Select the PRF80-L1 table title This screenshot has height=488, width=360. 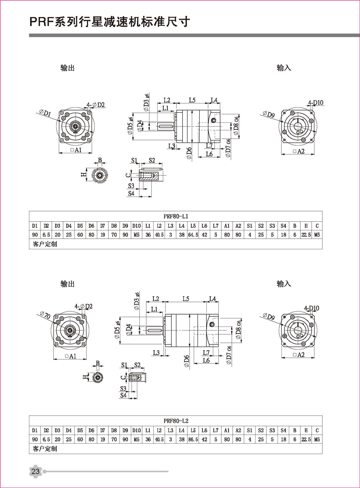[x=175, y=215]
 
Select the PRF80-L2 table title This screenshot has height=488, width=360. [x=175, y=420]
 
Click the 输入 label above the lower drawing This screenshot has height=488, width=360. [x=284, y=284]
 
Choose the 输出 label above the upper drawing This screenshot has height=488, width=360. [x=68, y=68]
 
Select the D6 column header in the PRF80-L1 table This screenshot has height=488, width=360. [x=91, y=226]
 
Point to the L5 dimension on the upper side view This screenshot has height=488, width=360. [x=192, y=100]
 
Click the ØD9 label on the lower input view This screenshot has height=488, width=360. [x=267, y=315]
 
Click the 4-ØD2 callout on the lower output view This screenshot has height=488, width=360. [x=83, y=306]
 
